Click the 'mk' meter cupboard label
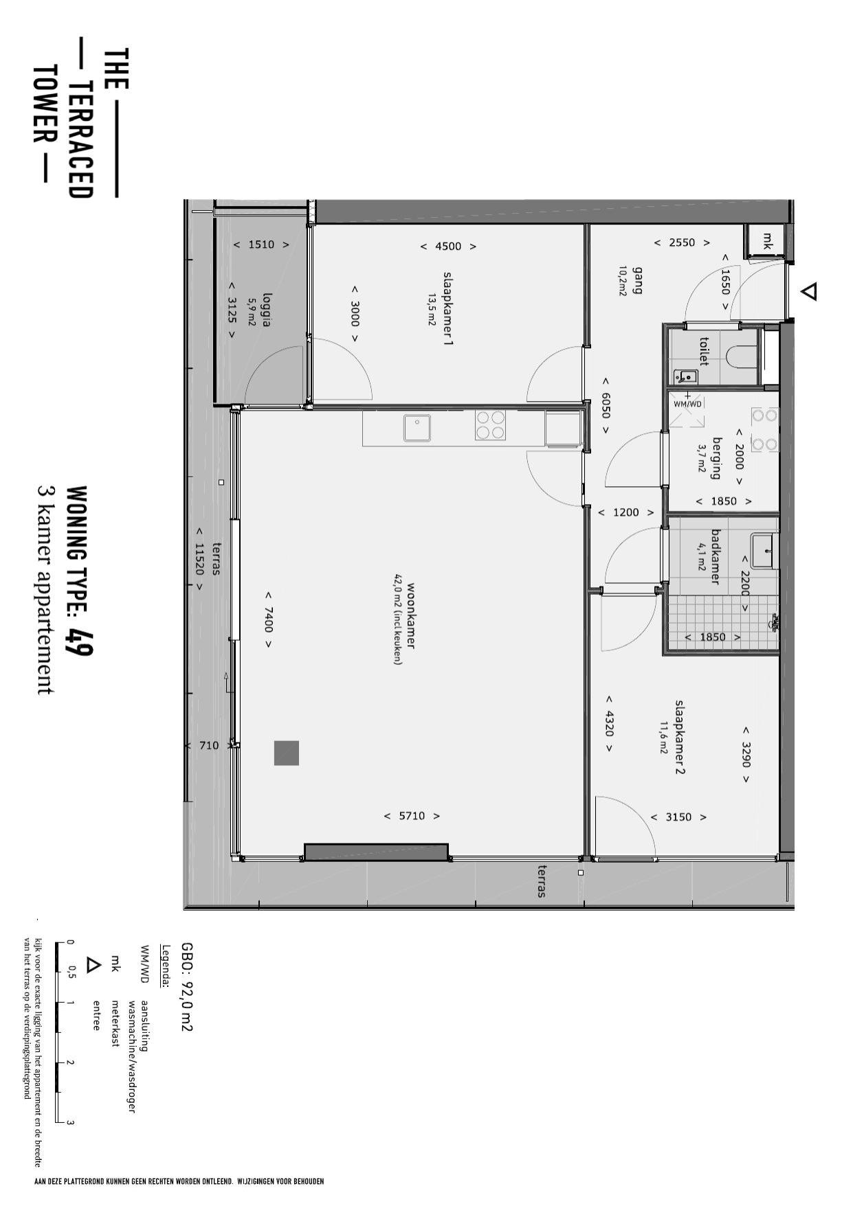pos(767,241)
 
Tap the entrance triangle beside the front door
pos(810,292)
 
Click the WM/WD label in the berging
pos(688,404)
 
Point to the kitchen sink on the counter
pos(417,428)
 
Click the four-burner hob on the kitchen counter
pos(490,424)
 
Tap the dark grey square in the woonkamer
pos(287,753)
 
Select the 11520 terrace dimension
pos(199,559)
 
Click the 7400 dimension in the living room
pos(268,619)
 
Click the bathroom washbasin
pos(764,551)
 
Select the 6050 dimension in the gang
pos(606,406)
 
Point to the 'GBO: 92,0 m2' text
pos(186,986)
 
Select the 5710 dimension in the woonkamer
pos(412,816)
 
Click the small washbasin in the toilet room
pos(686,376)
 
